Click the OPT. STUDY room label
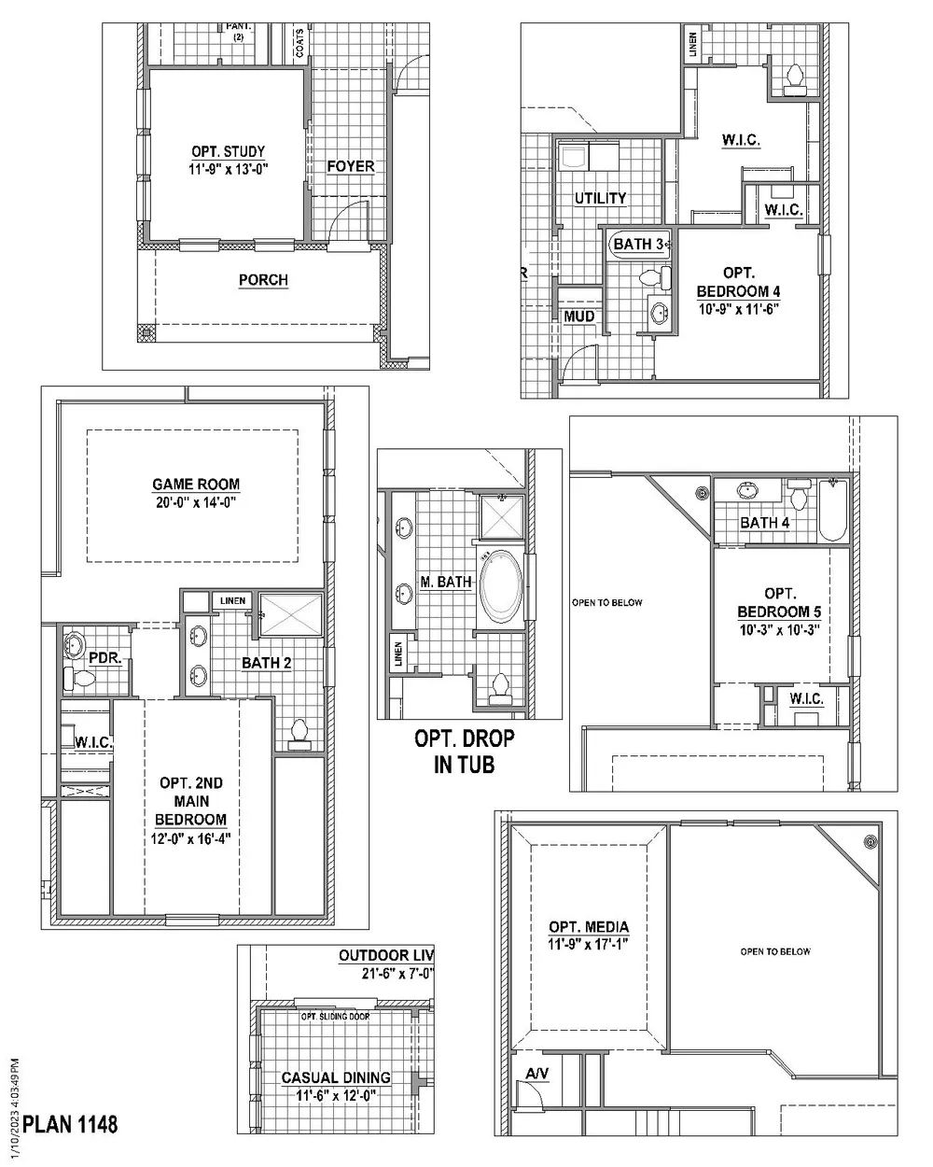[x=229, y=151]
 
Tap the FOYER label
[x=350, y=166]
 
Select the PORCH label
[x=263, y=280]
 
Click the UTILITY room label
[x=600, y=198]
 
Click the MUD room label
[x=578, y=316]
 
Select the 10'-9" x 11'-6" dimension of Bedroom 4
[x=738, y=308]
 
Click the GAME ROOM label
[x=196, y=485]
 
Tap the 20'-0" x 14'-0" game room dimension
[x=196, y=500]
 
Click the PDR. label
[x=104, y=658]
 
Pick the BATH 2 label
[x=267, y=663]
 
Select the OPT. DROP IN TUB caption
[x=464, y=752]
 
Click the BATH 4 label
[x=764, y=523]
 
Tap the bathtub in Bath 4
[x=832, y=511]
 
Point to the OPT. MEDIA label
[x=589, y=927]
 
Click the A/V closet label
[x=537, y=1075]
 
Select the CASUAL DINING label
[x=336, y=1078]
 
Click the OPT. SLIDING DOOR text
[x=334, y=1017]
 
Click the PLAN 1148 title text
[x=70, y=1124]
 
